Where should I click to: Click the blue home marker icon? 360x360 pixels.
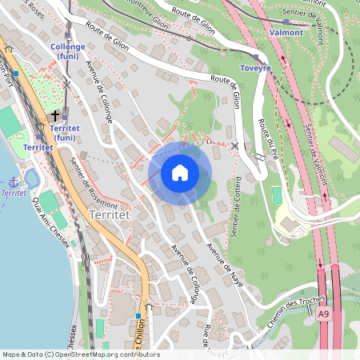coord(180,173)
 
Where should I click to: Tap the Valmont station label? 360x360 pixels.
coord(286,33)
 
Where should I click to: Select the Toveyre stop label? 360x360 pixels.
coord(256,69)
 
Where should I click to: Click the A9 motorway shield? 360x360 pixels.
coord(323,315)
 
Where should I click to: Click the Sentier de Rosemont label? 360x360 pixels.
coord(88,182)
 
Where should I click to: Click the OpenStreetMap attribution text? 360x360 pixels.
coord(80,354)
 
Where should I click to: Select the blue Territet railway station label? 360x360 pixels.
coord(38,148)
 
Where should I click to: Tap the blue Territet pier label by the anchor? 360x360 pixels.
coord(13,194)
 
